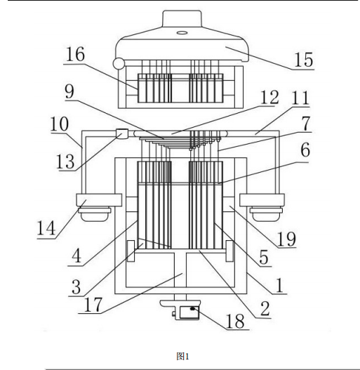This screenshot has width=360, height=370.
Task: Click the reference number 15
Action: tap(304, 60)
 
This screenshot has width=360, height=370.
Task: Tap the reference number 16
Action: tap(75, 54)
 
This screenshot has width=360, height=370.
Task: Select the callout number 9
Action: tap(69, 91)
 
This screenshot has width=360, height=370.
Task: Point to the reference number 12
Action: tap(269, 97)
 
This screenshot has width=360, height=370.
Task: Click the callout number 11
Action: tap(300, 98)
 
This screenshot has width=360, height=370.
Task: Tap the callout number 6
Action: tap(305, 150)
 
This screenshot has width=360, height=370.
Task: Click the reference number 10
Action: tap(60, 124)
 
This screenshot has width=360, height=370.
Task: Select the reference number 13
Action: tap(65, 161)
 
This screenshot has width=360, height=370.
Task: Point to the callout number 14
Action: tap(46, 227)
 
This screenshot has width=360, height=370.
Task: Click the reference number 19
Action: tap(286, 239)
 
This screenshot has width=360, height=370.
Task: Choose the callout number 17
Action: tap(93, 305)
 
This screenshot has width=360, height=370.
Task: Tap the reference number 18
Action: tap(235, 321)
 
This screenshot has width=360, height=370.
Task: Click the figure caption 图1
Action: tap(183, 357)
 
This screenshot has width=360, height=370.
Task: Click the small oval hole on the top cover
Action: tap(182, 32)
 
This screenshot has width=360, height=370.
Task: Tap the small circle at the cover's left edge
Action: tap(119, 63)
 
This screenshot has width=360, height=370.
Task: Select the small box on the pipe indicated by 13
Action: tap(122, 134)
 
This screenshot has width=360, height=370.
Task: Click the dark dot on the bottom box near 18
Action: tap(193, 308)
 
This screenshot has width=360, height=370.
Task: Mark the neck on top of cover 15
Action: tap(182, 19)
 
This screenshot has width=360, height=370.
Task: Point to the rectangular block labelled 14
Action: tap(99, 200)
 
